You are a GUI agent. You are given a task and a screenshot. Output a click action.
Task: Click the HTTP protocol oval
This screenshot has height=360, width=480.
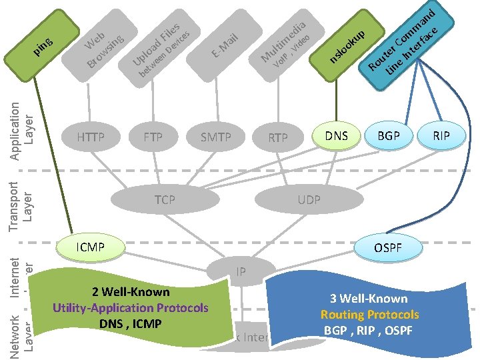tap(91, 137)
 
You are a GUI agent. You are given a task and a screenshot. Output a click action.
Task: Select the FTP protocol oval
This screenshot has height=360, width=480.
tap(153, 137)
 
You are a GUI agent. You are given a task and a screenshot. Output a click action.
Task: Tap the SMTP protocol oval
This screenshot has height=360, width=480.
tap(215, 137)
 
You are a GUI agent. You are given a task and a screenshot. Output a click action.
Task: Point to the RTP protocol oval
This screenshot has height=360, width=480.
tap(278, 138)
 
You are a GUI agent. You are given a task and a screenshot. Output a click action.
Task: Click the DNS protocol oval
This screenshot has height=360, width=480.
tap(337, 135)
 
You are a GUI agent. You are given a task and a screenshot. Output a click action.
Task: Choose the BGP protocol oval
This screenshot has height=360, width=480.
tap(389, 135)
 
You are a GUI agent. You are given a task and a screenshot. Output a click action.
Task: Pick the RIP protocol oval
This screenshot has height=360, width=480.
tap(441, 135)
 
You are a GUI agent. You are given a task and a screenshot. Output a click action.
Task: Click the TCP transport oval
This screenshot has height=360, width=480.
tap(165, 199)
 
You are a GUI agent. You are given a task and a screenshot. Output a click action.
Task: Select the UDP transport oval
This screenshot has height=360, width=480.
tap(309, 199)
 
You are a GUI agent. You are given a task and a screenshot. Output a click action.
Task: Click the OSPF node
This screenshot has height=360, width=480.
tap(387, 248)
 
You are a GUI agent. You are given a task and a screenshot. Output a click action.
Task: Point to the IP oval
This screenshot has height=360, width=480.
tap(241, 271)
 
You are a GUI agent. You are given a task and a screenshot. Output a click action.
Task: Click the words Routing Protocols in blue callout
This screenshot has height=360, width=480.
tap(369, 315)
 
